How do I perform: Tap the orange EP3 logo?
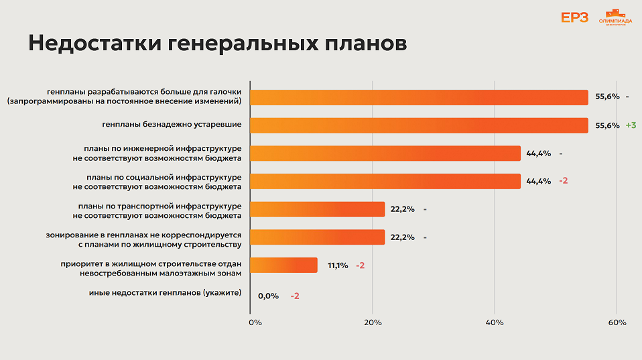[574, 18]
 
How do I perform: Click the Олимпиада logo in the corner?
[615, 18]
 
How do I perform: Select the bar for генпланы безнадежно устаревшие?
[419, 125]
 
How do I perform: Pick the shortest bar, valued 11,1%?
[283, 265]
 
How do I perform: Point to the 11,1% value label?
[338, 265]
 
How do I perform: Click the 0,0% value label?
[268, 296]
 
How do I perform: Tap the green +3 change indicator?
[630, 125]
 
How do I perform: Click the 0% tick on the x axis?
[255, 322]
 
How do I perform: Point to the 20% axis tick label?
[373, 322]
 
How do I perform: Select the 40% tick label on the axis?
[495, 322]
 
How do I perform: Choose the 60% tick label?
[617, 322]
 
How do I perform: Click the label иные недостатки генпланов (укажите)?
[165, 293]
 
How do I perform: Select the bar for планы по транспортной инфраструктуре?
[318, 209]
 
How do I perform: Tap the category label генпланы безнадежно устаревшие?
[172, 124]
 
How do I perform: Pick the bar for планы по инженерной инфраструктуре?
[385, 154]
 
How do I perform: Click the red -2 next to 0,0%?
[295, 296]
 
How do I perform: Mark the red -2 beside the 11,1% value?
[361, 265]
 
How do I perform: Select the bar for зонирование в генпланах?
[318, 237]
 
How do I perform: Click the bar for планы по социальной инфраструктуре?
[385, 181]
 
